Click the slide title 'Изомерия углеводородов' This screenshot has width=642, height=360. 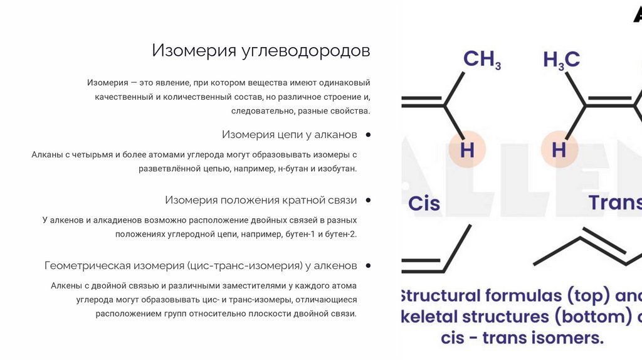coord(261,51)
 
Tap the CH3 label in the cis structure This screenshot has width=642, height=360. coord(481,60)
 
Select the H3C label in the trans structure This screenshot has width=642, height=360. coord(561,60)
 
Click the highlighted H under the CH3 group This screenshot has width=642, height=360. coord(467,151)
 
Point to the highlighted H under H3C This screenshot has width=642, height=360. coord(559,151)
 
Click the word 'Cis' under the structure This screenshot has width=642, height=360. coord(424,203)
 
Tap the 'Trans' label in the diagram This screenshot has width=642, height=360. coord(614,203)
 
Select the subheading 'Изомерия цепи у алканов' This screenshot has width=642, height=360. coord(289,135)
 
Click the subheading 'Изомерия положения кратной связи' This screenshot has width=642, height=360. coord(261,200)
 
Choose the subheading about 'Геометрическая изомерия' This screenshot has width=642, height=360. coord(201,266)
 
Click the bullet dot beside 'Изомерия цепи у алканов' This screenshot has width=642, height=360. coord(367,135)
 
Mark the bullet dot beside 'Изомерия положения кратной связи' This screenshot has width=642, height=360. coord(367,200)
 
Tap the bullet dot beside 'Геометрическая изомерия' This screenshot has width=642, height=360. coord(367,266)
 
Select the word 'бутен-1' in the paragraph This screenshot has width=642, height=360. coord(300,234)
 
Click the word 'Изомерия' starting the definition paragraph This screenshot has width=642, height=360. coord(104,83)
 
